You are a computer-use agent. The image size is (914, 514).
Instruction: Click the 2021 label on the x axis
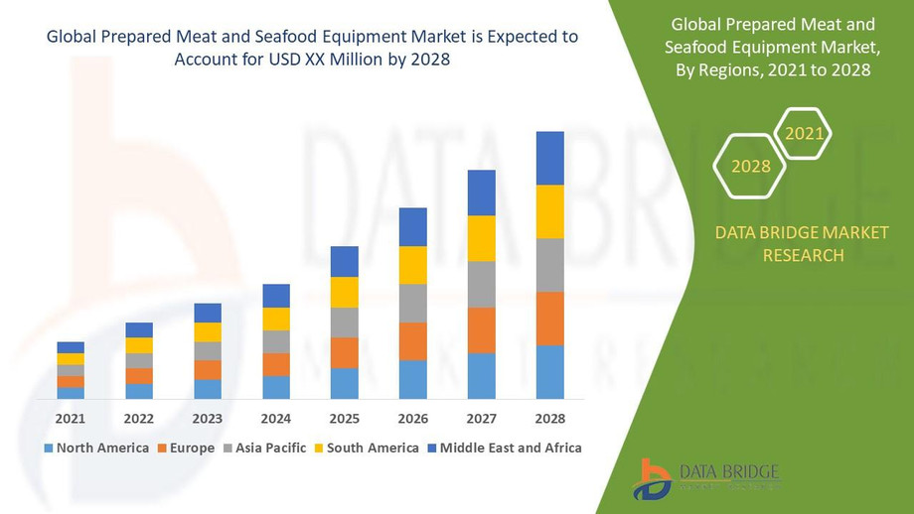71,418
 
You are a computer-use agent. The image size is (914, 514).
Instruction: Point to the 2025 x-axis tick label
344,418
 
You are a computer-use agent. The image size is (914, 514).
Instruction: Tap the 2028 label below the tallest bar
549,418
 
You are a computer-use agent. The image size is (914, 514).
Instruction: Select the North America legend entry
96,448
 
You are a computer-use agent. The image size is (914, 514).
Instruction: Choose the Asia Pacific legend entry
265,448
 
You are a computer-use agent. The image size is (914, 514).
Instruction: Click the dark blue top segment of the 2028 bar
549,158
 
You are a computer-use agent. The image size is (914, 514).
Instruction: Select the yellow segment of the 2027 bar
481,238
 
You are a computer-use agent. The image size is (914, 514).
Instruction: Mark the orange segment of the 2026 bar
412,341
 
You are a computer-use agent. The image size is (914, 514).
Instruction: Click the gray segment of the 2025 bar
344,322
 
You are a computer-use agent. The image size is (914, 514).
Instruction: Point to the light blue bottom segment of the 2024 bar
276,387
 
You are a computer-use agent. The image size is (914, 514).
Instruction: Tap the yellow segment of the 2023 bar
208,332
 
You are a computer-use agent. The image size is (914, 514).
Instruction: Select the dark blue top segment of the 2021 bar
71,347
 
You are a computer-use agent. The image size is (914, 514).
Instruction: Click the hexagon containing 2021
803,133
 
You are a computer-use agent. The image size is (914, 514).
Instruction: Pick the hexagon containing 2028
751,167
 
